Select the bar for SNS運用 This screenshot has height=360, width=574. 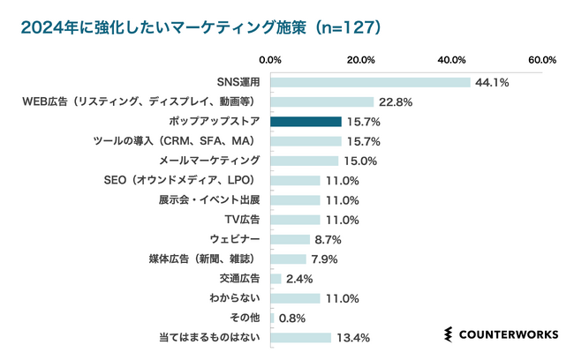tap(370, 82)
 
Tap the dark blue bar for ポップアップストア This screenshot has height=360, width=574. tap(306, 121)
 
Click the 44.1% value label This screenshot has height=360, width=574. tap(493, 82)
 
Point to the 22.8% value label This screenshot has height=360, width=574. tap(396, 102)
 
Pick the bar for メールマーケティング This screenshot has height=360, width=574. tap(304, 161)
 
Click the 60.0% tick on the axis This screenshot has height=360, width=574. tap(541, 60)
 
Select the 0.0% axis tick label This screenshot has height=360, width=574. tap(270, 60)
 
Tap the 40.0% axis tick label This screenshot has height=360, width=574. tap(451, 60)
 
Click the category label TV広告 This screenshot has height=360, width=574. tap(243, 220)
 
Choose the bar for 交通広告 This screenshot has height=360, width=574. tap(276, 279)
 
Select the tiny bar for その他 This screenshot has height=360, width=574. tap(272, 318)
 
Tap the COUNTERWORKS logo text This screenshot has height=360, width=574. tap(507, 334)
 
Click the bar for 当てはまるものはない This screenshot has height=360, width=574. tap(300, 337)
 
